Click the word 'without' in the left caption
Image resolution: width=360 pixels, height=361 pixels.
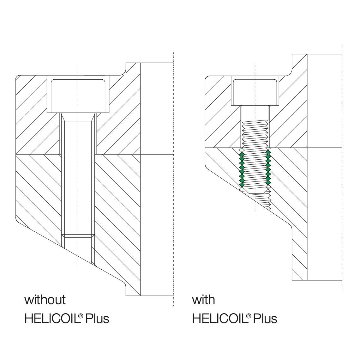pyautogui.click(x=45, y=299)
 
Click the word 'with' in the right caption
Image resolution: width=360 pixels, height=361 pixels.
pyautogui.click(x=203, y=299)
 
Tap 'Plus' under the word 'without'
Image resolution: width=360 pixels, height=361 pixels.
pyautogui.click(x=98, y=318)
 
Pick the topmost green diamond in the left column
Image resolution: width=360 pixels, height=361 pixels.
pyautogui.click(x=242, y=154)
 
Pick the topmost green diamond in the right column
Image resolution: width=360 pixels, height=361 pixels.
pyautogui.click(x=268, y=152)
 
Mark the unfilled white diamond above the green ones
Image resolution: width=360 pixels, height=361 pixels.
pyautogui.click(x=242, y=150)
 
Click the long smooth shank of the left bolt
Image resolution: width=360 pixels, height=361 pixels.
pyautogui.click(x=78, y=177)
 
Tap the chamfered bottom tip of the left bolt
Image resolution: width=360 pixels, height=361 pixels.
pyautogui.click(x=78, y=236)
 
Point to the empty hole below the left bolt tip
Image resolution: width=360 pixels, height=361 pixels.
pyautogui.click(x=78, y=250)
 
